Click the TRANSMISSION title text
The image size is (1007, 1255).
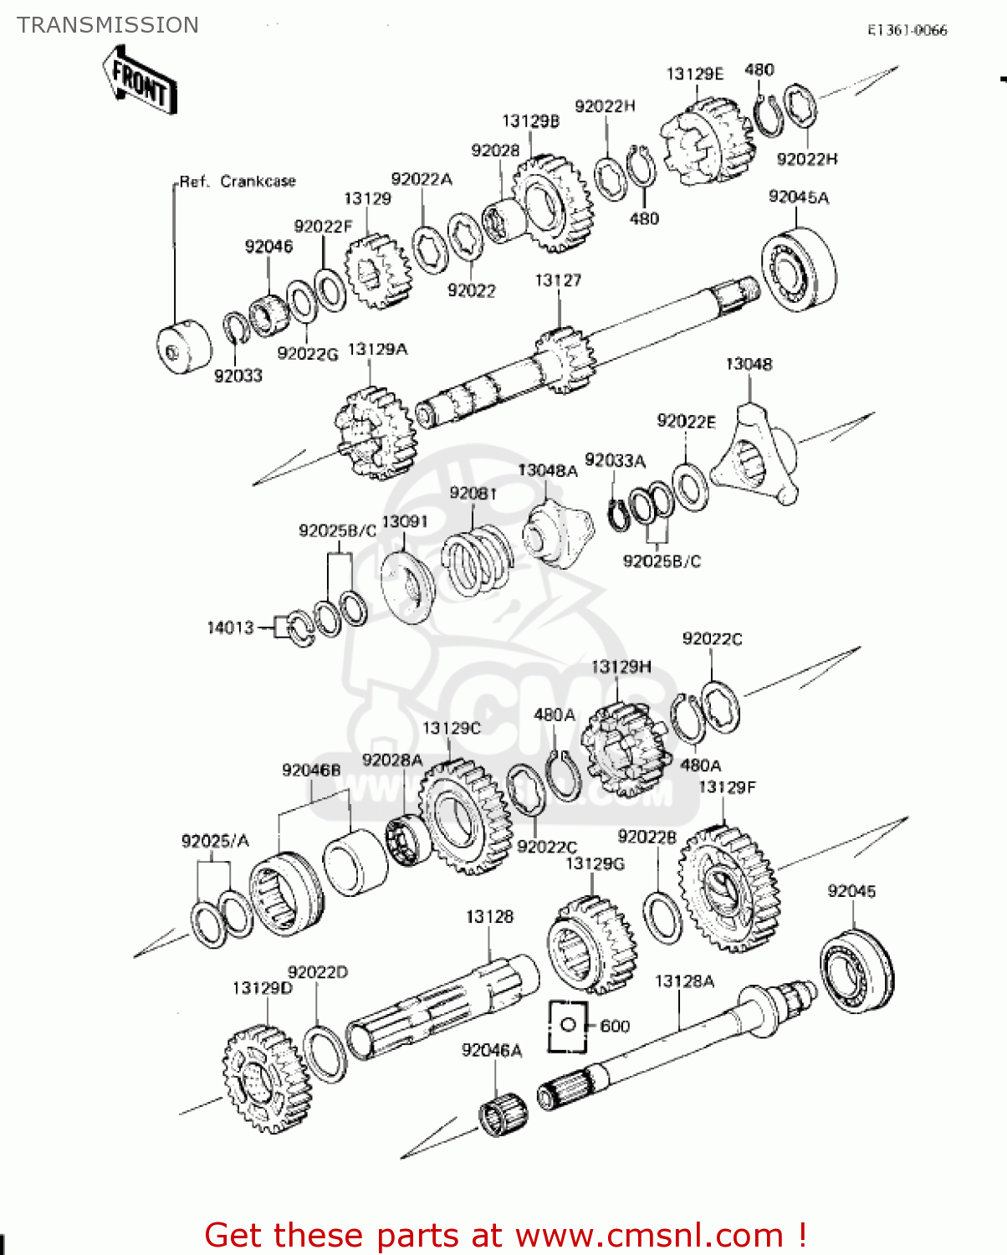108,25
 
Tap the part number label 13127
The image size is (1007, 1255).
558,280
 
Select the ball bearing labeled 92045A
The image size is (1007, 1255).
798,268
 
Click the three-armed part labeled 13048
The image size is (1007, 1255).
757,459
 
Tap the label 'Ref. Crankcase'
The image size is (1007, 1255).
238,182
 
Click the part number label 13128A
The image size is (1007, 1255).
684,981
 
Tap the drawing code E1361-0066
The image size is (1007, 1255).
907,30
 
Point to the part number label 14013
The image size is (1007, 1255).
230,627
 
